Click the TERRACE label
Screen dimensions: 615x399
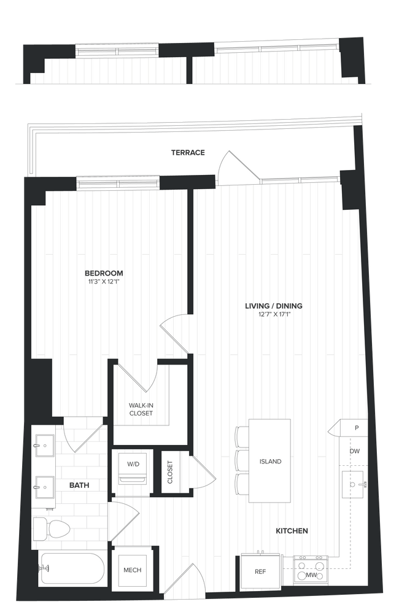(188, 152)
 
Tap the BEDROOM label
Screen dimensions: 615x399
(104, 273)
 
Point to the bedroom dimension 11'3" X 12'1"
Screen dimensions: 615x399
(104, 282)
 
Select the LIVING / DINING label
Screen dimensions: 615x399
(274, 306)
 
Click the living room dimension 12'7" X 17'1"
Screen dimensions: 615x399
(274, 315)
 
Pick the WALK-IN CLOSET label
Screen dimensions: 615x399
(141, 409)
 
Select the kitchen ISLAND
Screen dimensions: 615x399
(269, 461)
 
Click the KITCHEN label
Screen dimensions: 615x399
(292, 530)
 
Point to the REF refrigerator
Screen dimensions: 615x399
(260, 571)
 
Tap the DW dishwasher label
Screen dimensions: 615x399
(355, 451)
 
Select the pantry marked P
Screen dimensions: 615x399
(356, 427)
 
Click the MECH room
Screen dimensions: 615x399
(133, 570)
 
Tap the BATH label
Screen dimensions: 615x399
(79, 485)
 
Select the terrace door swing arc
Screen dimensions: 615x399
(233, 166)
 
